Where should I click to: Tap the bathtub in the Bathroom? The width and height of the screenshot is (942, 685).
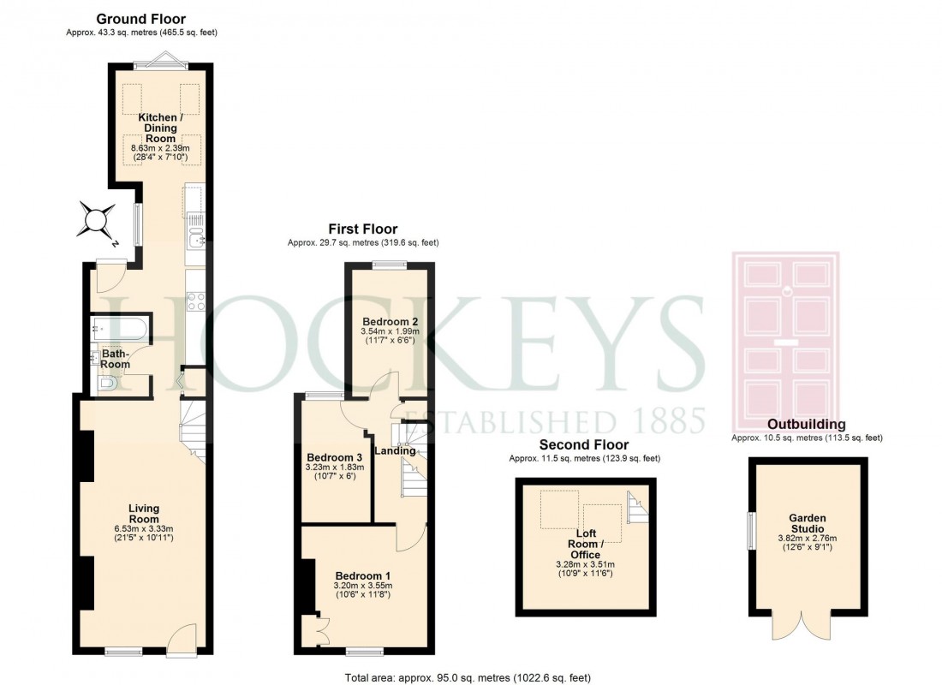tap(120, 327)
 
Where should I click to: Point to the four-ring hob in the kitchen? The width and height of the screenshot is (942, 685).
tap(195, 301)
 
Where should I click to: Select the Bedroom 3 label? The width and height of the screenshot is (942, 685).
tap(335, 456)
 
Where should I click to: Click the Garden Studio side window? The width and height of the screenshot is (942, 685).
tap(751, 531)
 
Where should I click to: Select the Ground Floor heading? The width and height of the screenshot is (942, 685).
tap(140, 18)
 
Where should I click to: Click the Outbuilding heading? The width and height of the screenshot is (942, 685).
tap(806, 424)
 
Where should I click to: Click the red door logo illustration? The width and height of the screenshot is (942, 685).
tap(785, 342)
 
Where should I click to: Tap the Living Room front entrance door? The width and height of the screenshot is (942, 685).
tap(182, 640)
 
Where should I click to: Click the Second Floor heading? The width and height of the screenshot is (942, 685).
tap(583, 445)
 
